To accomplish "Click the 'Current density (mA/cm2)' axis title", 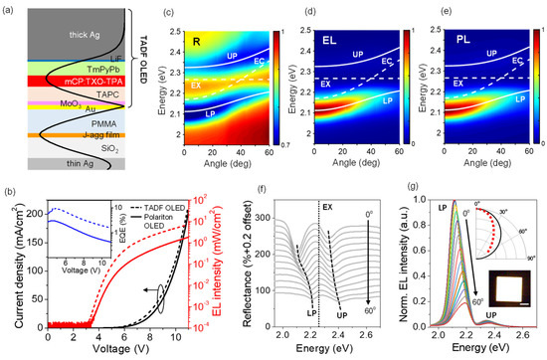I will pos(9,269).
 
